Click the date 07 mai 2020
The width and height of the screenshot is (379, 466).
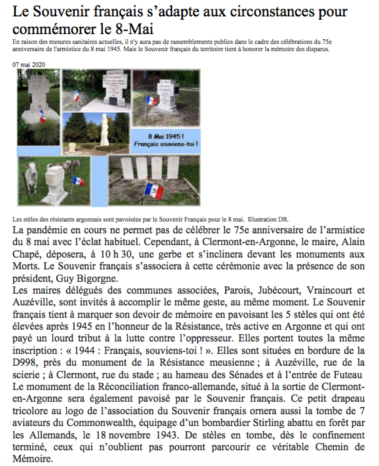(29, 65)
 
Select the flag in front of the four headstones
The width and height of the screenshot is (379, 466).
(155, 190)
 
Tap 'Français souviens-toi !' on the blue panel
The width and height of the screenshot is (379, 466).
(166, 143)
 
